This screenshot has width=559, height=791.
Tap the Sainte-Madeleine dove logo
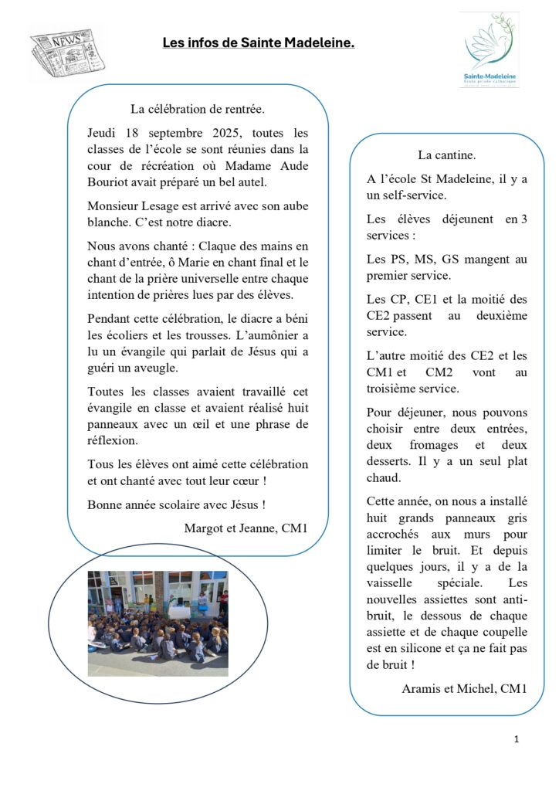pyautogui.click(x=490, y=48)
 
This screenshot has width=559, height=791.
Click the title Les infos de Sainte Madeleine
pyautogui.click(x=258, y=43)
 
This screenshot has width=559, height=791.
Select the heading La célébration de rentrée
pyautogui.click(x=198, y=110)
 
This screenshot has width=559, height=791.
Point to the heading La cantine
pyautogui.click(x=446, y=155)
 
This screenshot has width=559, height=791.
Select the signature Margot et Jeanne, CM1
pyautogui.click(x=246, y=528)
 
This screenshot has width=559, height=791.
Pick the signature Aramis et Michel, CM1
pyautogui.click(x=464, y=688)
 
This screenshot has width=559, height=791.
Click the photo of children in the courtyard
pyautogui.click(x=158, y=623)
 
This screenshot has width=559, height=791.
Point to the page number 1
pyautogui.click(x=517, y=740)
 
